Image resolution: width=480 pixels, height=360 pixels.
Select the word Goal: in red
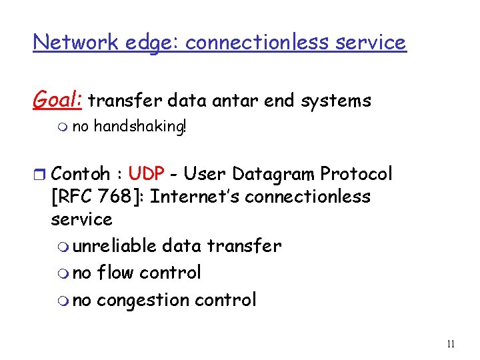tap(57, 101)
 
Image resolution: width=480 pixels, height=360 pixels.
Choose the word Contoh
tap(80, 174)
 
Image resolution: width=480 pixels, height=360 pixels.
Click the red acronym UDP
tap(147, 174)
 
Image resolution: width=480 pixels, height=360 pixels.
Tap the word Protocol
tap(356, 174)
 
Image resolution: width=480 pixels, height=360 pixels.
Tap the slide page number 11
tap(451, 345)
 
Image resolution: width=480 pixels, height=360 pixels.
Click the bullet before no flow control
tap(61, 273)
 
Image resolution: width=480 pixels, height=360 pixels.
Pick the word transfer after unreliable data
tap(244, 246)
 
